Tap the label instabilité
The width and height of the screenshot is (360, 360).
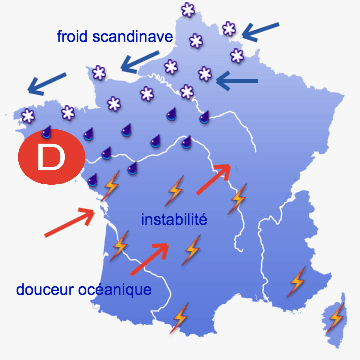(x=174, y=218)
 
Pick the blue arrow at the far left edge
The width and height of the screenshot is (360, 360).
(x=45, y=78)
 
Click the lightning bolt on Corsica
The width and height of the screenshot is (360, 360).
(x=335, y=317)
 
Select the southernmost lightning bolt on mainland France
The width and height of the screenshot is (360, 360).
(x=180, y=320)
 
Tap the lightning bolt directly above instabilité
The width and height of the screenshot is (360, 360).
(x=175, y=189)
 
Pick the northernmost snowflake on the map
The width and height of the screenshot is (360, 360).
(x=186, y=10)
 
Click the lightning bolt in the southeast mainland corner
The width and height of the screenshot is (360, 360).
(x=296, y=281)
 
